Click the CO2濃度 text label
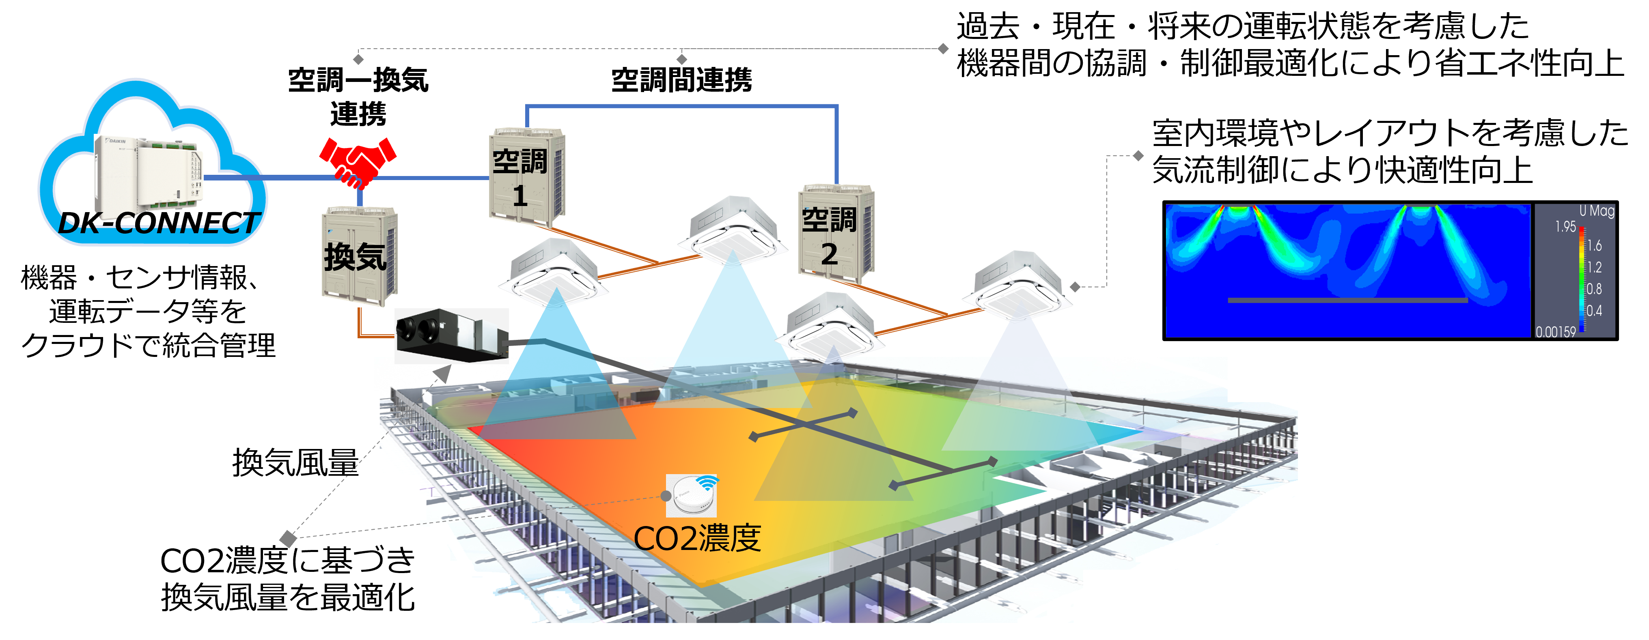[697, 538]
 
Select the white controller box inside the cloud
[149, 173]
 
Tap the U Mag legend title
[1597, 210]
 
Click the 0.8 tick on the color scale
[1594, 289]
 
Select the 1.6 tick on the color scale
[1594, 246]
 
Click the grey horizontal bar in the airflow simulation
[1347, 300]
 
